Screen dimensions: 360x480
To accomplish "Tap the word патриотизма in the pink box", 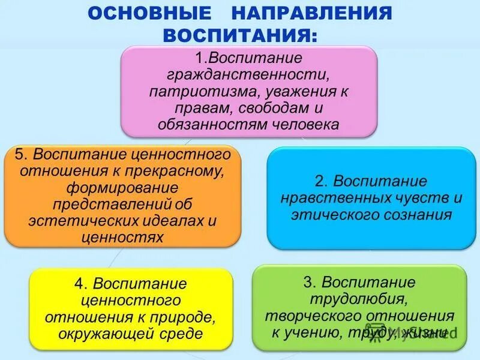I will (193, 92).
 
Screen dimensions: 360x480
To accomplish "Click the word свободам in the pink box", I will (271, 108).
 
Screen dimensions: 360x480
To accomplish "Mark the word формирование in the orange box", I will (122, 187).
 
